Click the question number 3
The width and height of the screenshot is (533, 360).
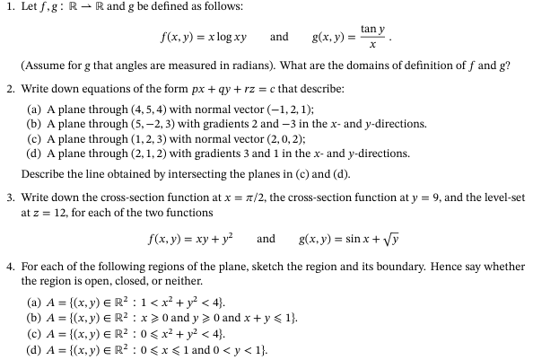point(8,197)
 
